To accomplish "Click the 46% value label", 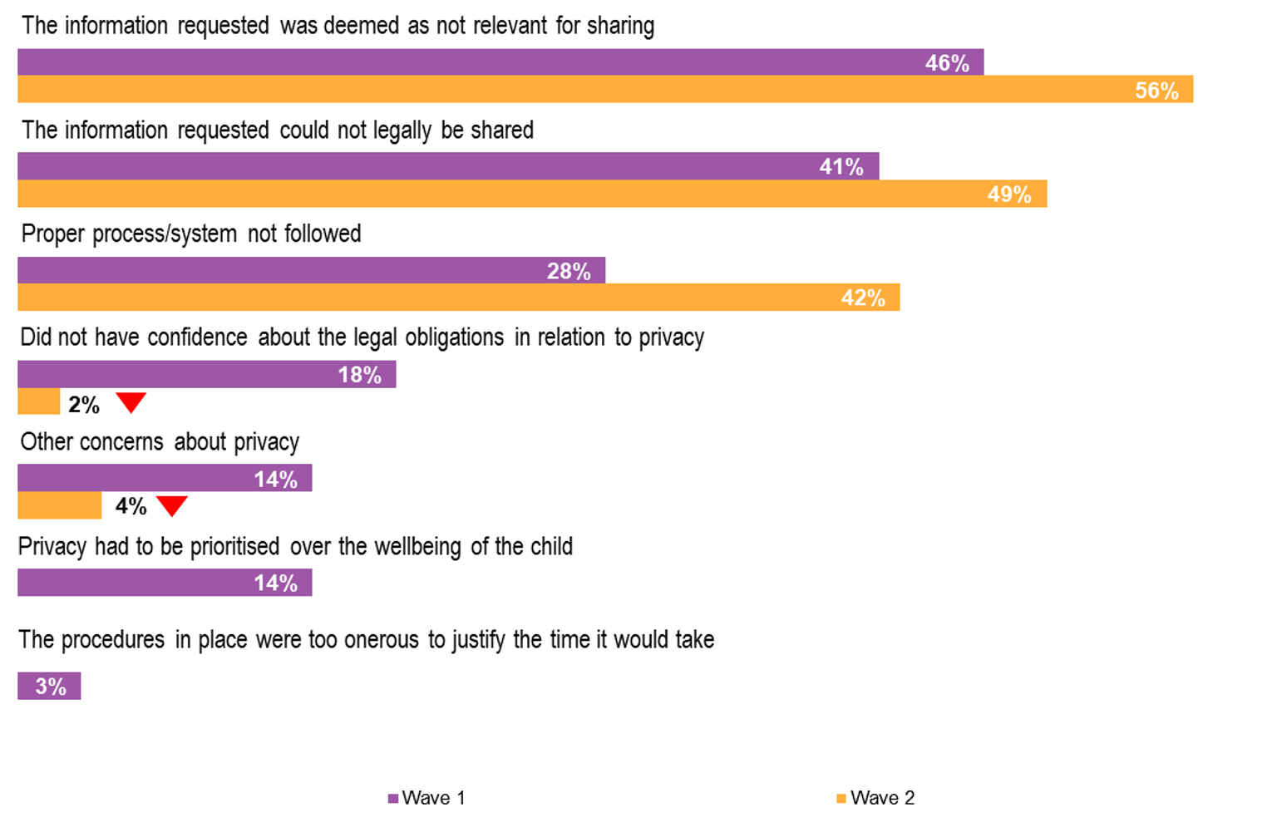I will point(947,63).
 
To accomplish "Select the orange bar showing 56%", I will point(605,90).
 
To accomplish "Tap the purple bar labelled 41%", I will point(448,166).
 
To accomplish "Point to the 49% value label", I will point(1009,194).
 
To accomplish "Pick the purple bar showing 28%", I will point(311,271).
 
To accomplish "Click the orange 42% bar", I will point(458,298).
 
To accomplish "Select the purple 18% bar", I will point(206,375).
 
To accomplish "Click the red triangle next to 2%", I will point(131,402).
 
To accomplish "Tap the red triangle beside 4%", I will point(172,505).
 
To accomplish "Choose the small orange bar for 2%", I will point(38,402).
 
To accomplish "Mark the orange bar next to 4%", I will point(59,505).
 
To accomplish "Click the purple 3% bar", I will point(49,687).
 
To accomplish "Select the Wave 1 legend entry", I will point(426,798).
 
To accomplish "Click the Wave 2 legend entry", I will point(875,798).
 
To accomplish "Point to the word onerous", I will point(382,640).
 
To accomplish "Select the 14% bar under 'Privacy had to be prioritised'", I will point(165,583).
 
